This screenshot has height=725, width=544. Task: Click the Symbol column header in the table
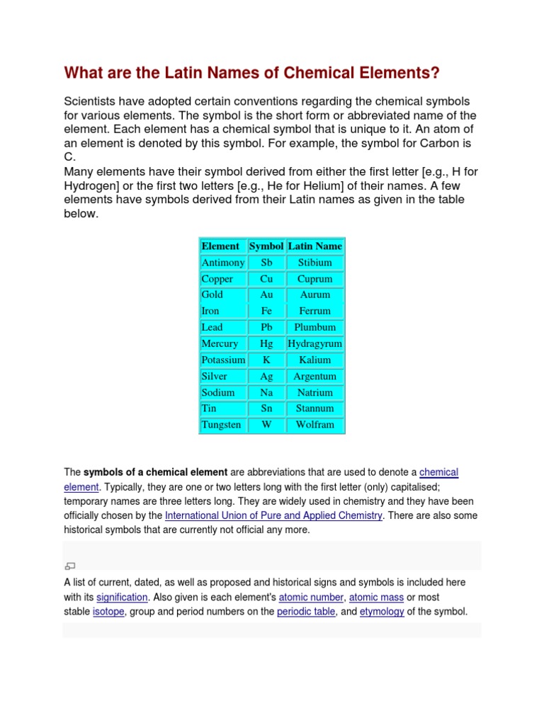266,246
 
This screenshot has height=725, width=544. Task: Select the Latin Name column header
314,246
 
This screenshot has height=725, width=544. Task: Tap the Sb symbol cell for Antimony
266,262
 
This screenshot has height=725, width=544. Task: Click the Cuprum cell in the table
314,279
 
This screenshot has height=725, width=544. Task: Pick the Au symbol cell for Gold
266,295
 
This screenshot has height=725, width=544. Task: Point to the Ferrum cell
314,311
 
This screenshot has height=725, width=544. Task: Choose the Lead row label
212,327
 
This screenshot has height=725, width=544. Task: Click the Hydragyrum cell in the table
314,343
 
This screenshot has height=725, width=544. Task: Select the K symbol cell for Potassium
266,360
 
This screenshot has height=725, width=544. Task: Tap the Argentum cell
314,376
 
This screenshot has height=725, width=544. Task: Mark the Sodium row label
217,392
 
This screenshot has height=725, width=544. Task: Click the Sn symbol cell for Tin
266,409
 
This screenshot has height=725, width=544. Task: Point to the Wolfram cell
314,425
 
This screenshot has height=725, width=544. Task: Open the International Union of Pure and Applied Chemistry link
273,515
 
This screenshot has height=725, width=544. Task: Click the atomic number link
311,597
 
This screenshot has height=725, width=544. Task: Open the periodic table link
306,612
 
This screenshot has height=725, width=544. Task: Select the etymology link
382,612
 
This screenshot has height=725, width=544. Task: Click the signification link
122,597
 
